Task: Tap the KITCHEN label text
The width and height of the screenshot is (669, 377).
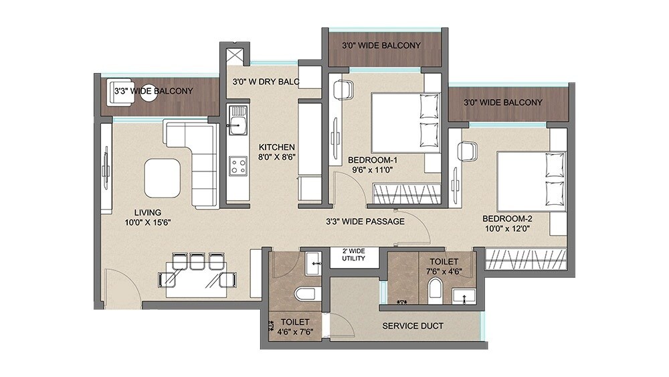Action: (x=277, y=147)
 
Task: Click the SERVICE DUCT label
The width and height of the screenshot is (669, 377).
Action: (x=412, y=326)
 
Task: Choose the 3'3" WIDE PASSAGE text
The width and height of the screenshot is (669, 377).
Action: (x=365, y=221)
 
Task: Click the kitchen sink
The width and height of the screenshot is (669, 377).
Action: (x=237, y=122)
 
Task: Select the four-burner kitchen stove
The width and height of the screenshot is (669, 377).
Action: (x=237, y=165)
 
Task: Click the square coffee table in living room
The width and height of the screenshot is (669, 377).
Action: (x=163, y=176)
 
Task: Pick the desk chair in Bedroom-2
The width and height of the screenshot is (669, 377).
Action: (x=467, y=152)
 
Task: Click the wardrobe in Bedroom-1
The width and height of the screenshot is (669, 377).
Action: (x=405, y=194)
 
